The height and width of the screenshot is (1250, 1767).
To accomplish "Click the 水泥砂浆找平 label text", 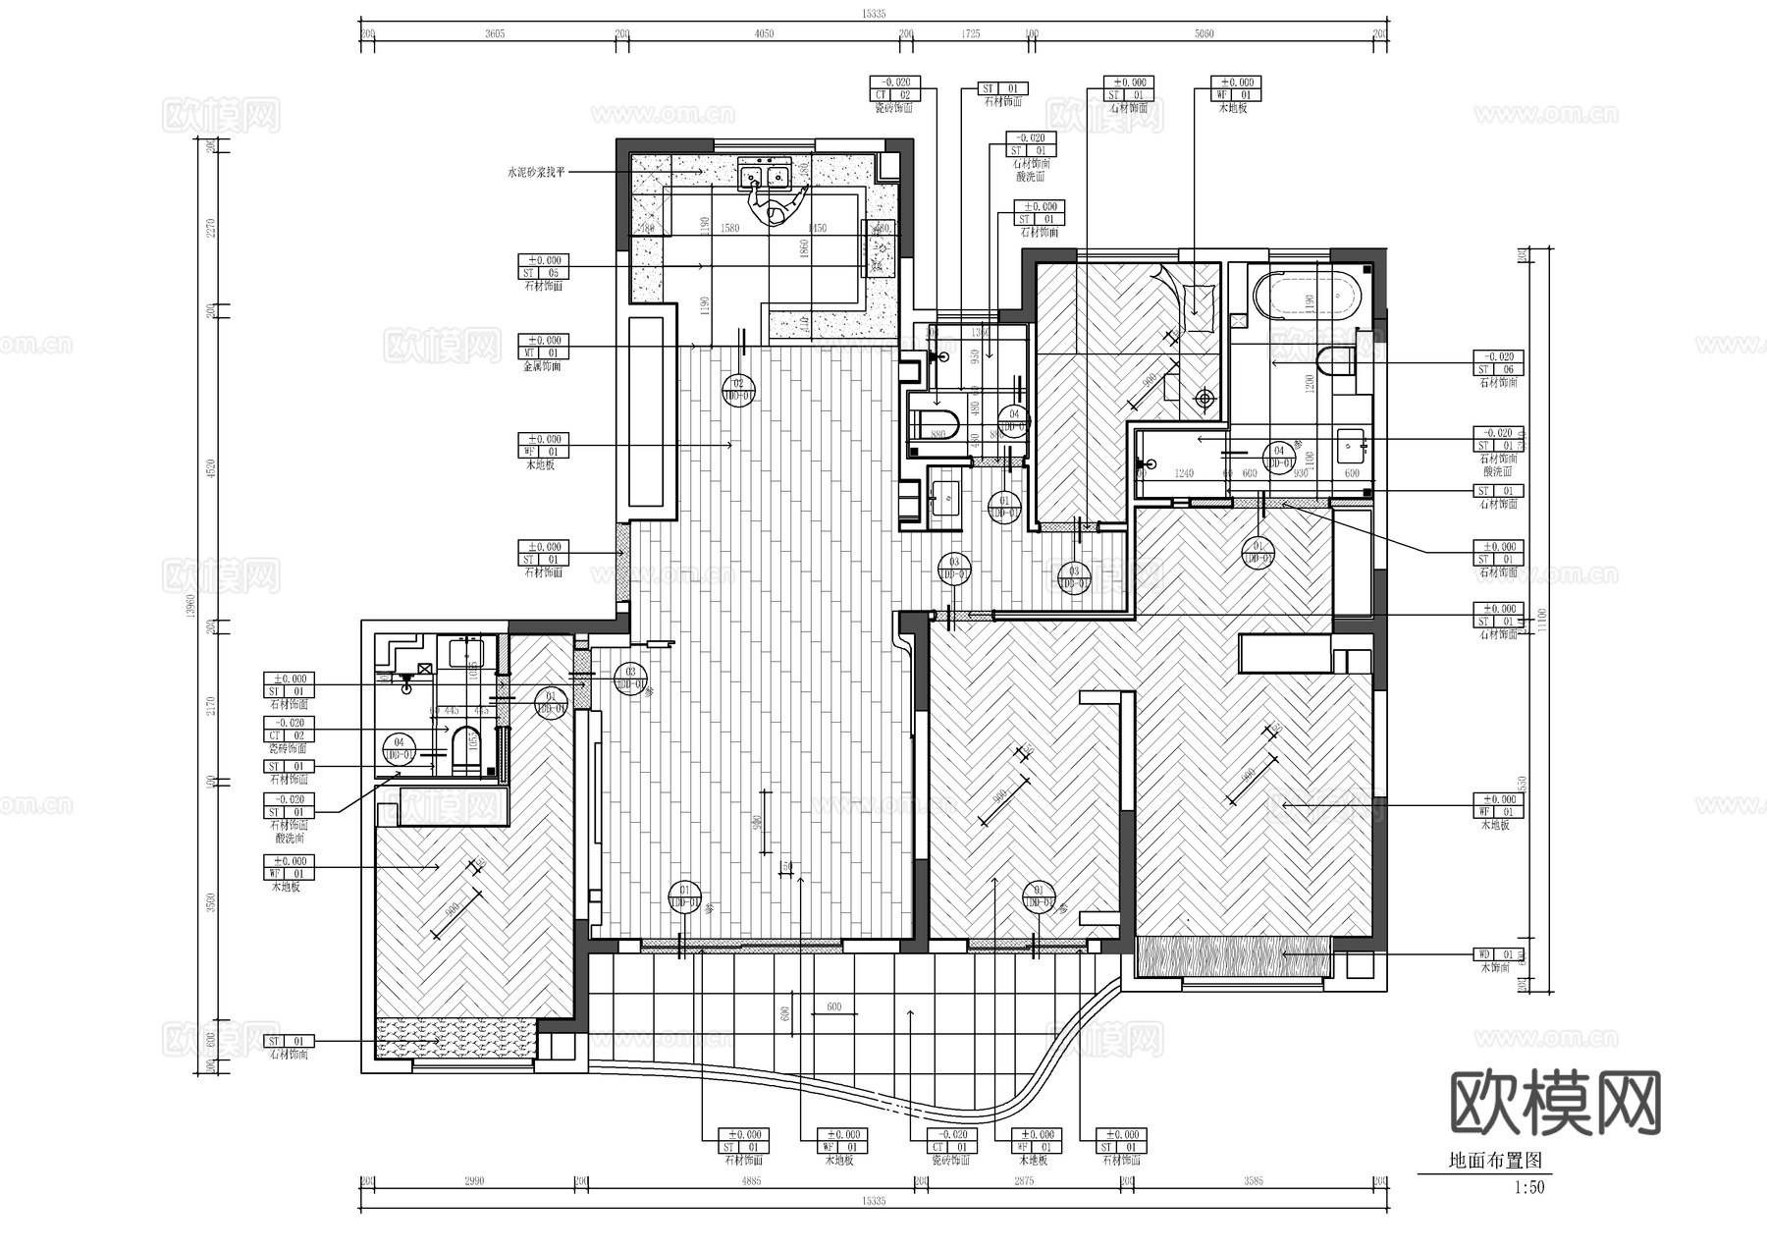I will [x=536, y=173].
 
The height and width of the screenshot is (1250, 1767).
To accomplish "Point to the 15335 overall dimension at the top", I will [x=873, y=14].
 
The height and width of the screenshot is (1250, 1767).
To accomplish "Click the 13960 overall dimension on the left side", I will [x=192, y=607].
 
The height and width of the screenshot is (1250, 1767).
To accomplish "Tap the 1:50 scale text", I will [x=1528, y=1187].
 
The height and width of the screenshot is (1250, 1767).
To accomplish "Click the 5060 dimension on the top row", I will [x=1204, y=34].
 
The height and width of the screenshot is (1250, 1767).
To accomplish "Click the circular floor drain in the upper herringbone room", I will [x=1205, y=399].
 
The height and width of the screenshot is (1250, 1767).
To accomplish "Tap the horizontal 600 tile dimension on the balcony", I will [x=833, y=1007].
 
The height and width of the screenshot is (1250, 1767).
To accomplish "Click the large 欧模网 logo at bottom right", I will [x=1555, y=1103].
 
